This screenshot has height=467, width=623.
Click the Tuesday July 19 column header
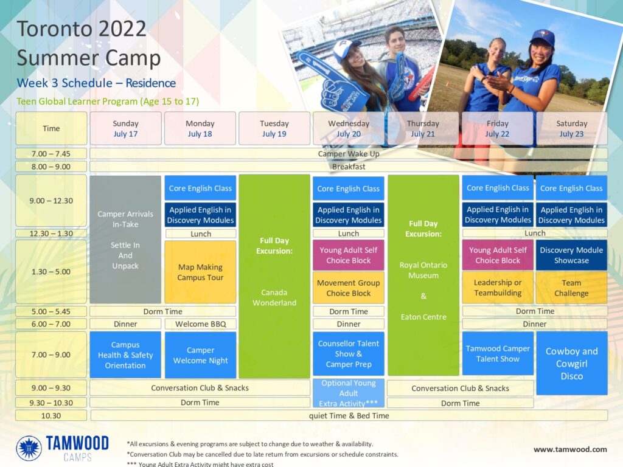pyautogui.click(x=274, y=128)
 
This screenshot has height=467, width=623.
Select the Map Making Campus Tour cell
pyautogui.click(x=200, y=272)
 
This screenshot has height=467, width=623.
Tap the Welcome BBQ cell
pyautogui.click(x=201, y=324)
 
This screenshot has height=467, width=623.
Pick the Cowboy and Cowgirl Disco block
pyautogui.click(x=572, y=364)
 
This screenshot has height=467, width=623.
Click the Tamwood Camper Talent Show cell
pyautogui.click(x=498, y=353)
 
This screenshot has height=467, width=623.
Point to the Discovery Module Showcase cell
pyautogui.click(x=571, y=255)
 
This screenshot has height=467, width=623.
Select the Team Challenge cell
pyautogui.click(x=571, y=288)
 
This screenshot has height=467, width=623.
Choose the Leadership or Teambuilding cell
pyautogui.click(x=498, y=288)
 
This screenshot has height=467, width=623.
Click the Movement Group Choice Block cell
pyautogui.click(x=349, y=288)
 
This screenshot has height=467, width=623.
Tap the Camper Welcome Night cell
pyautogui.click(x=200, y=355)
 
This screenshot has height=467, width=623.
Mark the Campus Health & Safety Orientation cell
pyautogui.click(x=125, y=355)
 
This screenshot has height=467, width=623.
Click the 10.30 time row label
pyautogui.click(x=51, y=416)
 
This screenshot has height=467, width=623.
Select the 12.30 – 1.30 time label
pyautogui.click(x=51, y=233)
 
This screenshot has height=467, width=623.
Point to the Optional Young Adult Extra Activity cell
pyautogui.click(x=349, y=393)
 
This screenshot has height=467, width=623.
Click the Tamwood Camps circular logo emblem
pyautogui.click(x=29, y=448)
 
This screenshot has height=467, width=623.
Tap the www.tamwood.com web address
pyautogui.click(x=570, y=449)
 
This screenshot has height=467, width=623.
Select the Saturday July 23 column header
pyautogui.click(x=572, y=128)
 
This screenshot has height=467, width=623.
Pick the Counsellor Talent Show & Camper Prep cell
pyautogui.click(x=349, y=354)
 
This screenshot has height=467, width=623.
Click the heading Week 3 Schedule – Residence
pyautogui.click(x=96, y=83)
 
